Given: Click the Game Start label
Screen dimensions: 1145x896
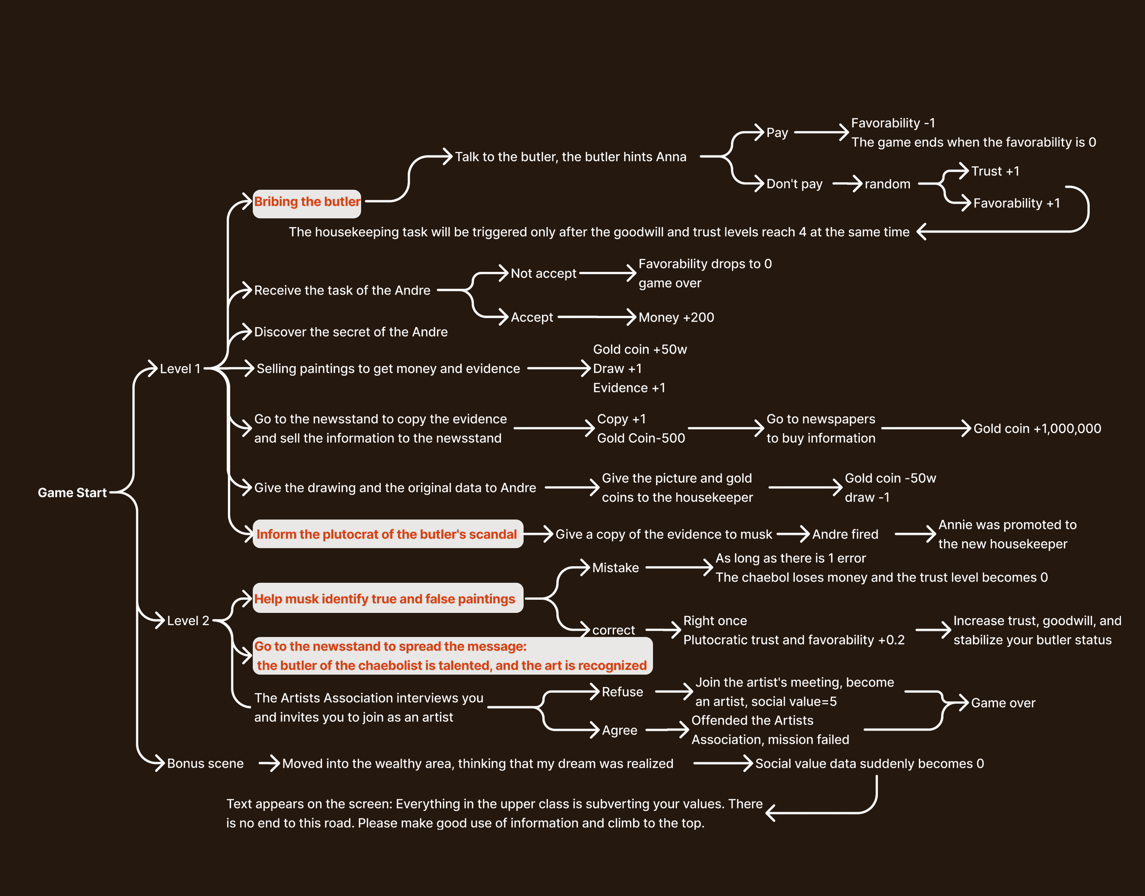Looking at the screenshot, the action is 72,492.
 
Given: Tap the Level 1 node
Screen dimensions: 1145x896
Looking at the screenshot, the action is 180,369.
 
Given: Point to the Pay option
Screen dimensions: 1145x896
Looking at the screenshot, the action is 777,133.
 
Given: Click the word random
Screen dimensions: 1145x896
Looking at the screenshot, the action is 887,184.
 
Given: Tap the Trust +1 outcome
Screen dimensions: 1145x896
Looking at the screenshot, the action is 995,172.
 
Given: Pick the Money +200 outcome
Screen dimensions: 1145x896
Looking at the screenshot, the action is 676,317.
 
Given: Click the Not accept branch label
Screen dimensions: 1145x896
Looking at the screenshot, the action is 543,273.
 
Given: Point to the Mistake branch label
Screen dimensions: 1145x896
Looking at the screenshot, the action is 615,568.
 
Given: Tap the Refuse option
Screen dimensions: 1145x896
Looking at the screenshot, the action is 622,692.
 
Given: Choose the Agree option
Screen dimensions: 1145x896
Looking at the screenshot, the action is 619,730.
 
